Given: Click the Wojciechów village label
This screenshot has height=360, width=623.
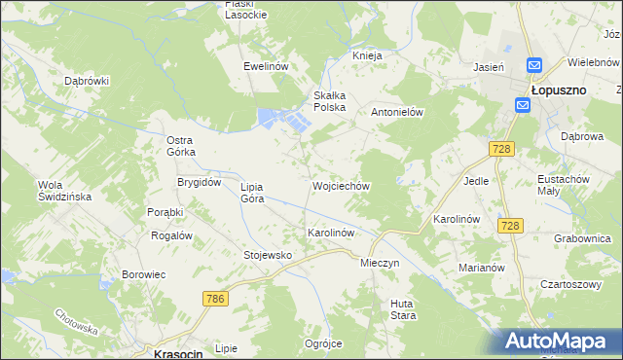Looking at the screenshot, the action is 340,185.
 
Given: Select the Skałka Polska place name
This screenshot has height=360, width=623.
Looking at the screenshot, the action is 329,101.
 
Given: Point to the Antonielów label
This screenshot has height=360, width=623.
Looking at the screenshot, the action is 400,112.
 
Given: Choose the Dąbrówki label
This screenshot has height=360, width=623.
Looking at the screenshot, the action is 87,81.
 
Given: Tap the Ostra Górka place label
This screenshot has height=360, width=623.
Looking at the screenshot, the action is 181,146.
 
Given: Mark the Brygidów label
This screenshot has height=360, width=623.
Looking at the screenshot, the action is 199,182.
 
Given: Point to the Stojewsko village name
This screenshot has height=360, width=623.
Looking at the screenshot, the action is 268,255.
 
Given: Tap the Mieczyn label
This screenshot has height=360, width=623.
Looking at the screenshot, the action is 380,263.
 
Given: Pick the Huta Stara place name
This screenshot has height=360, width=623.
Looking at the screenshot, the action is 403,309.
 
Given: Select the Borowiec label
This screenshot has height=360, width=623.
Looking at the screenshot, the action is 144,274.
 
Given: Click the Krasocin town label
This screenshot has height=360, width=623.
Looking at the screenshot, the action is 178,354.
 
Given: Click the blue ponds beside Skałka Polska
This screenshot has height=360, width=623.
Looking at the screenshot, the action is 282,120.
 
